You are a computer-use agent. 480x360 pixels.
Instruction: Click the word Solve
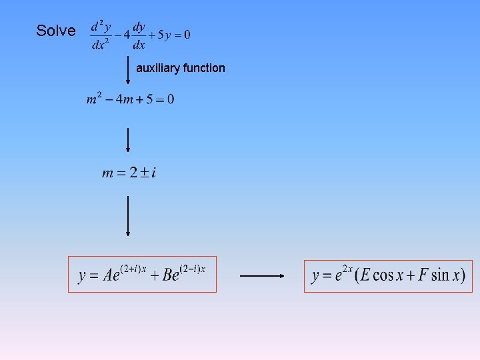[55, 31]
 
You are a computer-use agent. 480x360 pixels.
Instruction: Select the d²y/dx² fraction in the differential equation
[101, 35]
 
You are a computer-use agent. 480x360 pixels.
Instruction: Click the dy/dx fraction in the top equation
[139, 35]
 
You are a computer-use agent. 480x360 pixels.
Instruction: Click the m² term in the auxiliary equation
[93, 99]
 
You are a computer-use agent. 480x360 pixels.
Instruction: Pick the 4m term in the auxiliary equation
[124, 100]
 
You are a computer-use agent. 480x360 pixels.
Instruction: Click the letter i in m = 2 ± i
[154, 173]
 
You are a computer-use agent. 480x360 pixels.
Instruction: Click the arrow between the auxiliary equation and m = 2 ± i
[128, 139]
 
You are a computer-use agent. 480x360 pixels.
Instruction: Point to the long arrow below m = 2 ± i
[128, 215]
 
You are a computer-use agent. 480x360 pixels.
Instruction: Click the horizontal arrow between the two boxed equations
[262, 275]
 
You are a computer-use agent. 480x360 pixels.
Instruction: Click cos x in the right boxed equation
[383, 275]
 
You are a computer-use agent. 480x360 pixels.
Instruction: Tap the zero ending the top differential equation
[187, 35]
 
